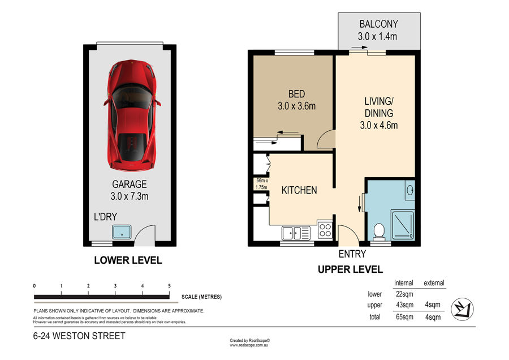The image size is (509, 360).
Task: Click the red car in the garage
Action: coord(132,115)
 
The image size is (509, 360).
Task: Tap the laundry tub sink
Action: coord(122,232)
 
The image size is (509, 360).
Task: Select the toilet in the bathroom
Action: coord(379,232)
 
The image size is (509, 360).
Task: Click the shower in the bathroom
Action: coord(403,225)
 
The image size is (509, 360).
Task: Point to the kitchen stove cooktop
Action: coord(325,230)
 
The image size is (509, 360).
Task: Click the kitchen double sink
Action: coord(296,233)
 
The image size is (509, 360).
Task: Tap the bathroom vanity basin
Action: coord(410,190)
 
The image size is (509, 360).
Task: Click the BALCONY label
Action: coord(378,24)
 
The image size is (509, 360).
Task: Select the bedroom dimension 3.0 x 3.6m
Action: coord(297,106)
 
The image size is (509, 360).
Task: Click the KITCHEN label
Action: coord(299,190)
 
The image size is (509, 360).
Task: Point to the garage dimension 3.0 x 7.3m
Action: coord(130,196)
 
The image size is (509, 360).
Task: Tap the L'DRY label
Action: coord(105,217)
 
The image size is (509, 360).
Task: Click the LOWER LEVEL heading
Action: coord(128,260)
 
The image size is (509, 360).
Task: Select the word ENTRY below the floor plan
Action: coord(352,254)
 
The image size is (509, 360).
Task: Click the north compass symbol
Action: coord(462,309)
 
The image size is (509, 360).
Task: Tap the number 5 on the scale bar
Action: coord(169,286)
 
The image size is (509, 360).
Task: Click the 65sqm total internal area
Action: coord(404,317)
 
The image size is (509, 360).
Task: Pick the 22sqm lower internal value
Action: coord(404,294)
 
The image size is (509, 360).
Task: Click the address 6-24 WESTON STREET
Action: coord(79,336)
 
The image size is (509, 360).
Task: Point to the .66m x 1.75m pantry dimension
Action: coord(261,184)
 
